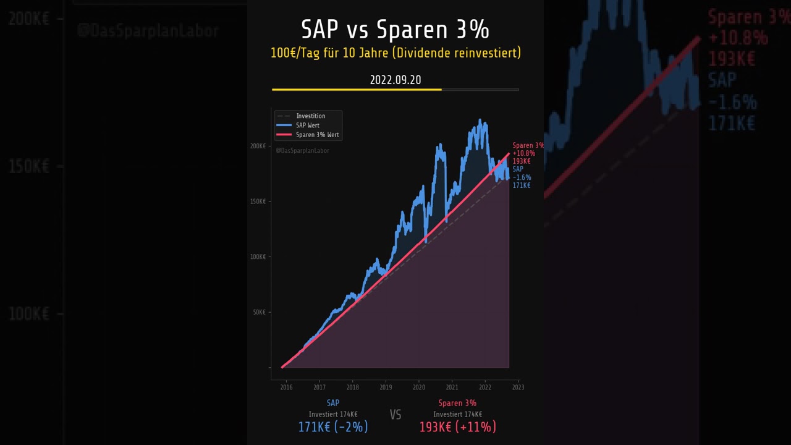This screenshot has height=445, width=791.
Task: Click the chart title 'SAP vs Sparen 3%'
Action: tap(395, 29)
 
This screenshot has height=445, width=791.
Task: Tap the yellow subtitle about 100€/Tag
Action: tap(395, 53)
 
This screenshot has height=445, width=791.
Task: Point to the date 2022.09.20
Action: tap(395, 80)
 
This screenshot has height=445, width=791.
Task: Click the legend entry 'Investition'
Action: tap(310, 116)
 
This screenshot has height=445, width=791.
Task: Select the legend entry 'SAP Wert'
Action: tap(307, 125)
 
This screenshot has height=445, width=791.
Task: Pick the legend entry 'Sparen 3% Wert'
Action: tap(317, 135)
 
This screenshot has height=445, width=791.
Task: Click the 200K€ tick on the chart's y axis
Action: tap(258, 146)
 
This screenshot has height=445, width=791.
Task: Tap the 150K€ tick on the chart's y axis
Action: tap(258, 201)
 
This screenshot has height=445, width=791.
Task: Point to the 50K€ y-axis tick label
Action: tap(259, 312)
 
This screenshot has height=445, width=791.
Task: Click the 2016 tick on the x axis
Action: tap(286, 388)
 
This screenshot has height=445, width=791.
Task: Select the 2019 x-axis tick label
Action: tap(386, 388)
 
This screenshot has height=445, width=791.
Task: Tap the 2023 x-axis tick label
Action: tap(518, 388)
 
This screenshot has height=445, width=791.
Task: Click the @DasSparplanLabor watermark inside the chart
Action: tap(302, 151)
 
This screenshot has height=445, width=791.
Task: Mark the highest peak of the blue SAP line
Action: tap(480, 121)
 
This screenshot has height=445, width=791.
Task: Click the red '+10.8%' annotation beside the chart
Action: tap(523, 153)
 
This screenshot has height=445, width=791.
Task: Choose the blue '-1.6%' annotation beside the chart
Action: tap(522, 177)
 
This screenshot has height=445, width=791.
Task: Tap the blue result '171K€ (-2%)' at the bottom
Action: tap(333, 427)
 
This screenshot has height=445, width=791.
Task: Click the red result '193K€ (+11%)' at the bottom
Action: tap(457, 427)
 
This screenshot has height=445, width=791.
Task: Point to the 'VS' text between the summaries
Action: tap(395, 415)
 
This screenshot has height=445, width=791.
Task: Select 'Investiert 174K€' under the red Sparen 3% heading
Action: tap(457, 415)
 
